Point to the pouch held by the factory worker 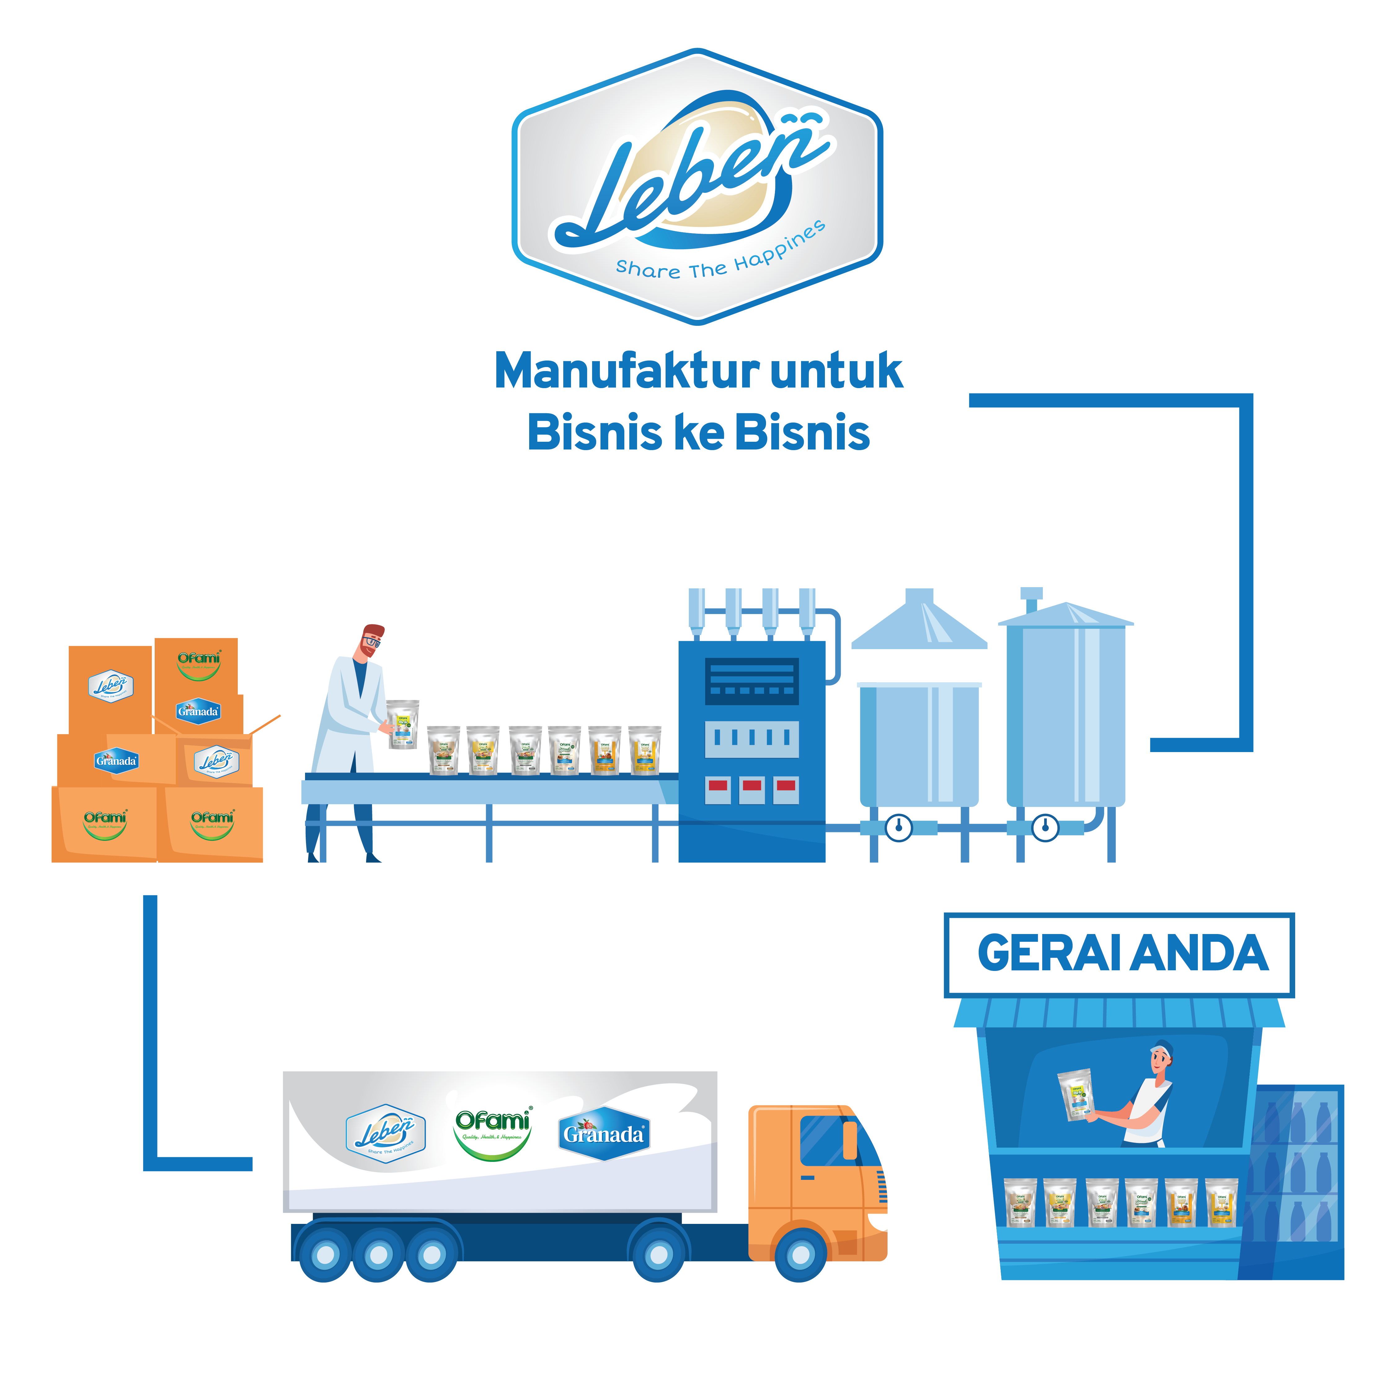(402, 724)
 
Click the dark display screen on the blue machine (752, 681)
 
